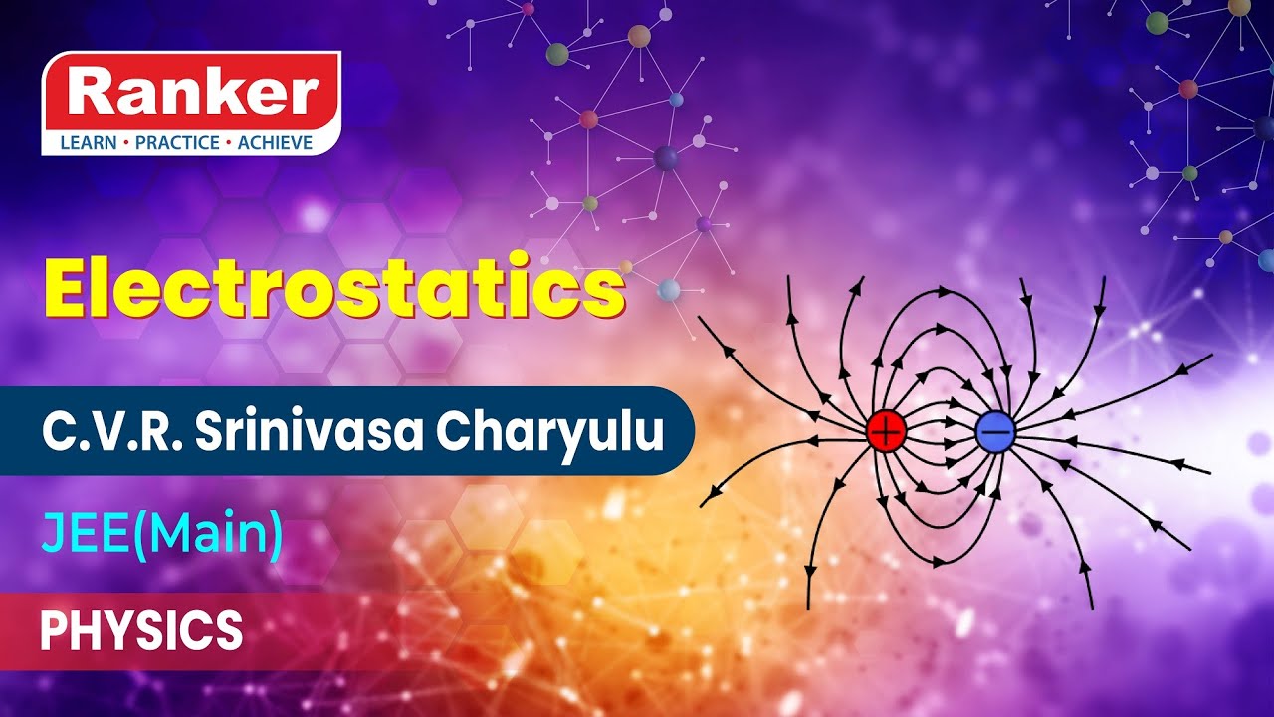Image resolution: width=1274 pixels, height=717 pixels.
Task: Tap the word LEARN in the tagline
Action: tap(88, 143)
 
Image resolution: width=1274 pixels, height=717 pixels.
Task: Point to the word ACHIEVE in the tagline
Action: tap(274, 143)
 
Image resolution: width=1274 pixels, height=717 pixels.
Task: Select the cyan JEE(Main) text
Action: tap(161, 536)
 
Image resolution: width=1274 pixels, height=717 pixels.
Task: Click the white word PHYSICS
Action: tap(141, 630)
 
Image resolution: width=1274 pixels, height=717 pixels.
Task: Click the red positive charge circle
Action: tap(885, 431)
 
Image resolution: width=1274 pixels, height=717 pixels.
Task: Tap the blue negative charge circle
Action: tap(994, 431)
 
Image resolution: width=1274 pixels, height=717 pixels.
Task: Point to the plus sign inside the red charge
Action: tap(885, 431)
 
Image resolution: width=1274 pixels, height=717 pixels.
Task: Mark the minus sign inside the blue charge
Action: tap(994, 431)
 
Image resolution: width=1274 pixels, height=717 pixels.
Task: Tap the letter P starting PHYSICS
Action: tap(52, 630)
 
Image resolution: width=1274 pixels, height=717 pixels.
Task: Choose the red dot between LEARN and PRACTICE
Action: tap(126, 143)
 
